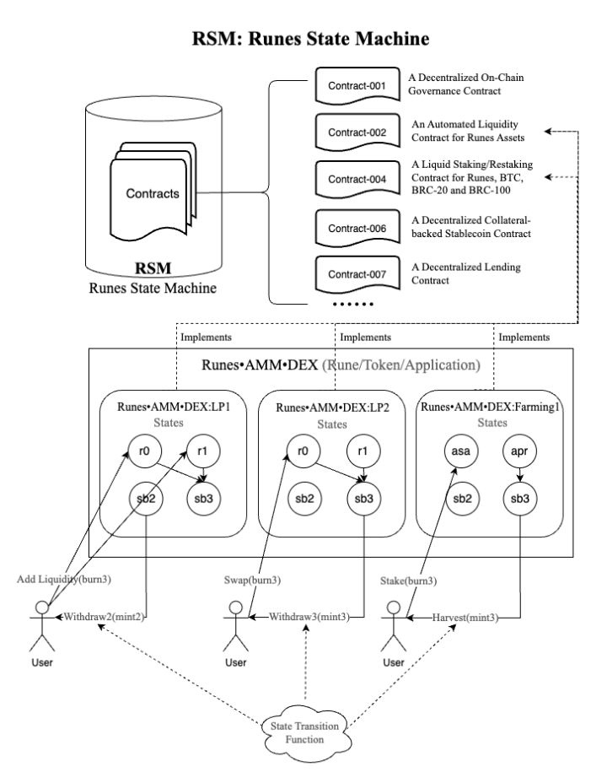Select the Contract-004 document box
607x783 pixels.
(x=352, y=179)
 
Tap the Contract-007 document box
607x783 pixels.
(x=352, y=274)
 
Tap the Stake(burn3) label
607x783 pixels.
(x=411, y=580)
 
